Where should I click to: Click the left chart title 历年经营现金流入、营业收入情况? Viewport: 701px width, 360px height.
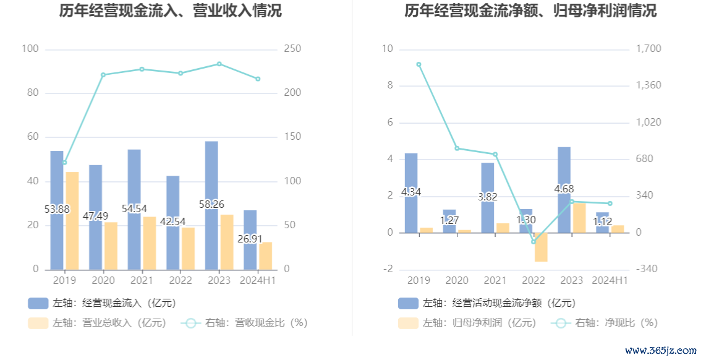171,11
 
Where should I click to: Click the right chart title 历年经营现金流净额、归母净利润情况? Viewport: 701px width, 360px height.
530,11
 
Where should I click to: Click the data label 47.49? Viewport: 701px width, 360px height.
95,216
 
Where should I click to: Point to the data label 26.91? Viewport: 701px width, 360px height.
250,238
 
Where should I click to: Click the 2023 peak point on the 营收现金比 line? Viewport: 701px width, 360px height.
219,64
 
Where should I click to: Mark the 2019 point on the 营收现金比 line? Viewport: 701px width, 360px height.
64,163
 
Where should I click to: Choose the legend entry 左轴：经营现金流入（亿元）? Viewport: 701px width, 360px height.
102,303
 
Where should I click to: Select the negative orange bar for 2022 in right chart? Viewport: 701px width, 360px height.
541,247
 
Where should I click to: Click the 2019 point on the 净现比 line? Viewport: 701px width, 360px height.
418,64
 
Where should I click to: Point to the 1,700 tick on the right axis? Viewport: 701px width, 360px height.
648,49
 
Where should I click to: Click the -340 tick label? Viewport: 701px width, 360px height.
645,269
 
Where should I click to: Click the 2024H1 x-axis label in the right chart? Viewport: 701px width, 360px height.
610,280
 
